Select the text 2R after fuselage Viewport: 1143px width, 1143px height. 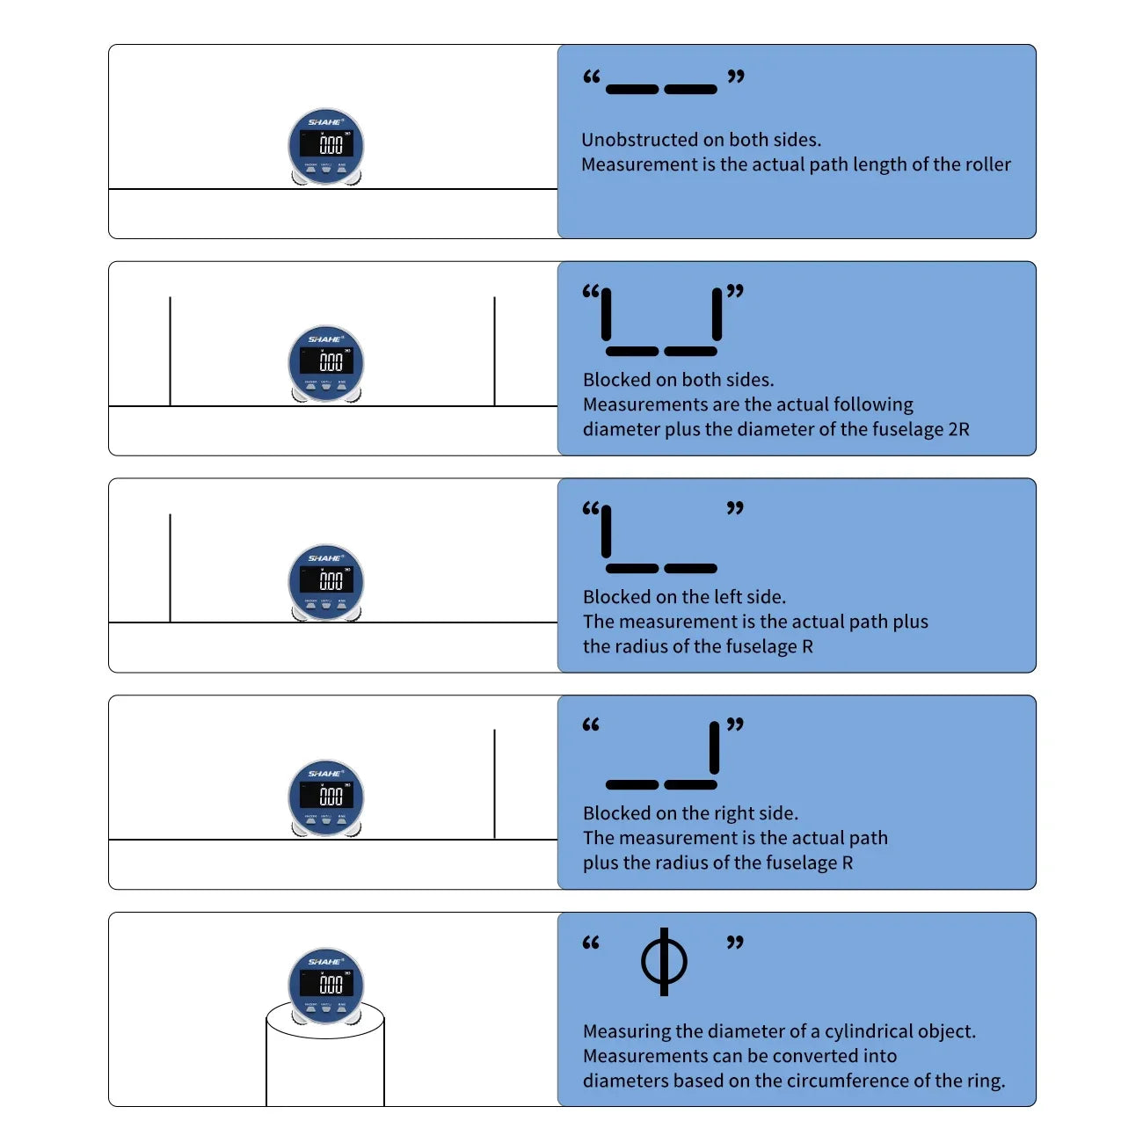tap(958, 429)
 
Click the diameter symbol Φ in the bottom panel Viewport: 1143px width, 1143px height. tap(664, 961)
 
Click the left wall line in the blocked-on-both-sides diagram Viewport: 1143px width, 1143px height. tap(170, 352)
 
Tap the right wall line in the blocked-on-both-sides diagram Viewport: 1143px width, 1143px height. tap(494, 352)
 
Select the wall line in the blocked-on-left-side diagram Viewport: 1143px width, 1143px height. tap(170, 568)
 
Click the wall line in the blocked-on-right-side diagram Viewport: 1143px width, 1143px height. tap(494, 783)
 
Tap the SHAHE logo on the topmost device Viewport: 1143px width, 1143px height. tap(325, 122)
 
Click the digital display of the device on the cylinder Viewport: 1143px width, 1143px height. tap(326, 983)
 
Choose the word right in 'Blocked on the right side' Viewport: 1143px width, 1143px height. tap(729, 813)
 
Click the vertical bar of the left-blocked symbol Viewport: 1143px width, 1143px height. tap(606, 532)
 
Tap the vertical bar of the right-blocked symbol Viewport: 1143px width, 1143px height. tap(715, 747)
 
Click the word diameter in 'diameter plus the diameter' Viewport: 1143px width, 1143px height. tap(612, 429)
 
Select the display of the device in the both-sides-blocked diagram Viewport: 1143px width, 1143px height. tap(326, 360)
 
